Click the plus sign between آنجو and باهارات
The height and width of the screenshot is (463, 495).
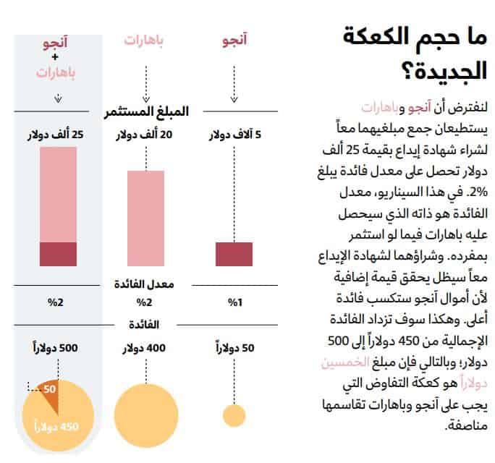tap(56, 57)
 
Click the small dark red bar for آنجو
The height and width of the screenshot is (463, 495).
tap(234, 255)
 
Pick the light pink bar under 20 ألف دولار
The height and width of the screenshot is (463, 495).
tap(146, 217)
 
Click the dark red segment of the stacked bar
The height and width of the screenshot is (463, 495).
tap(58, 255)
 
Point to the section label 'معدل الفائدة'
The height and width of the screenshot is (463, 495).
tap(145, 284)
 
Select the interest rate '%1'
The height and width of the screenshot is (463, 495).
tap(234, 303)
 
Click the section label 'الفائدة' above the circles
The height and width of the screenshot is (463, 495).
tap(145, 324)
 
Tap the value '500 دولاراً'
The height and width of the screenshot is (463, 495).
tap(56, 348)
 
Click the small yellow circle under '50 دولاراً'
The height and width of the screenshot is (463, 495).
tap(234, 415)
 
